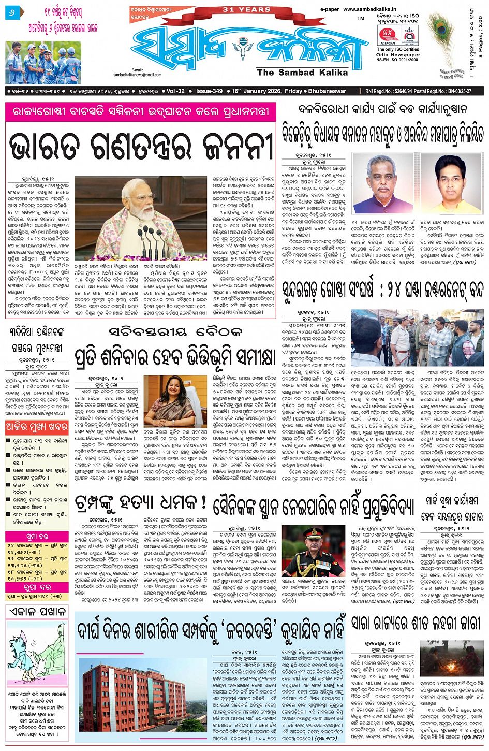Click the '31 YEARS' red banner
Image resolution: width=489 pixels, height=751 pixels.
click(x=246, y=9)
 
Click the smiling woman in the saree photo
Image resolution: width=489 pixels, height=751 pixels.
click(x=169, y=401)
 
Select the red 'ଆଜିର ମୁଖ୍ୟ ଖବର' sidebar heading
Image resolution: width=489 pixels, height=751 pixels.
click(x=36, y=427)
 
